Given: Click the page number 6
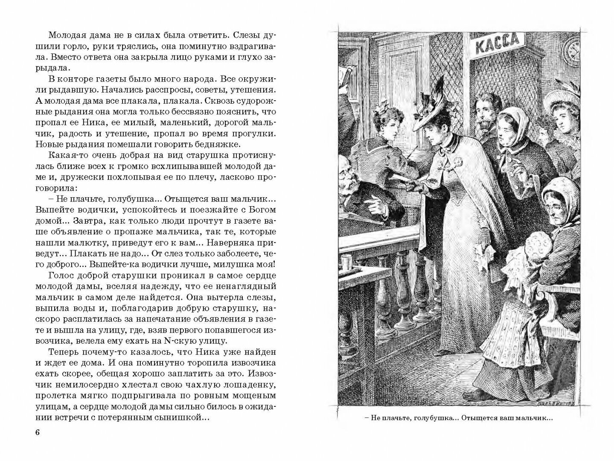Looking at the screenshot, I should [x=37, y=432].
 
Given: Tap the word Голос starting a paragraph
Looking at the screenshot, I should [x=62, y=274].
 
